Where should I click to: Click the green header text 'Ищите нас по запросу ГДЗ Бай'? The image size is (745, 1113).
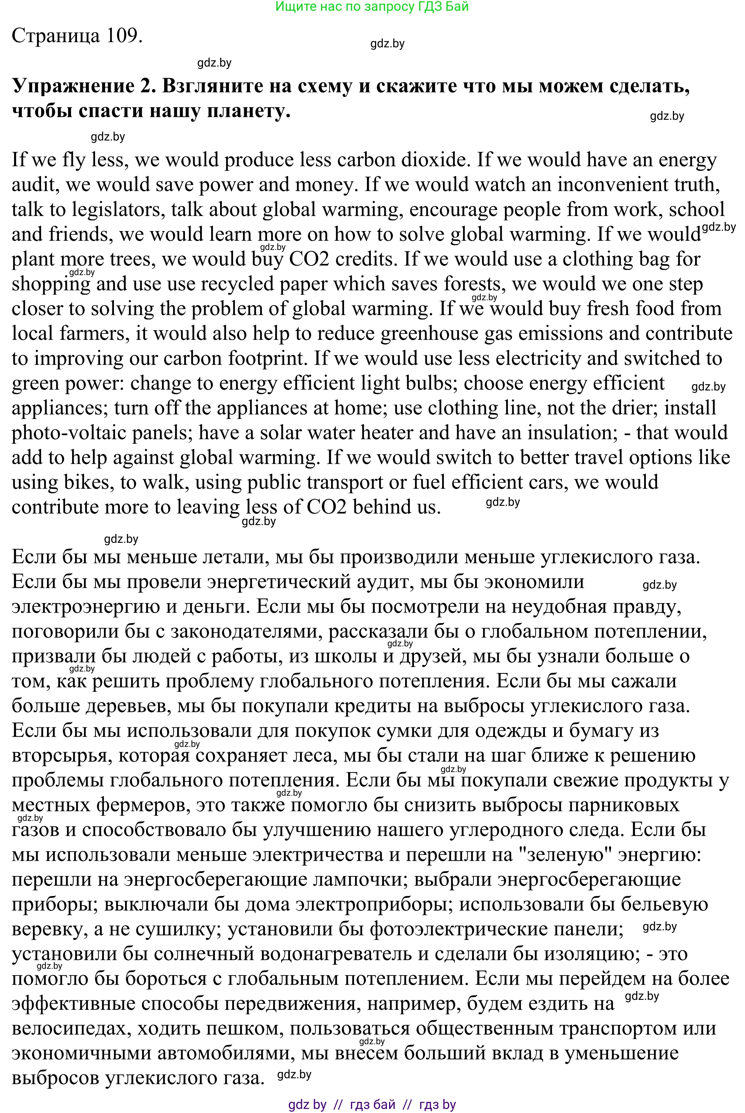[372, 6]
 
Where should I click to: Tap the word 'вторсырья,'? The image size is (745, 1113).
[62, 755]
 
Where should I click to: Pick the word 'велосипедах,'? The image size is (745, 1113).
[71, 1028]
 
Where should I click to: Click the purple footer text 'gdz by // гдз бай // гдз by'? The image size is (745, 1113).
[372, 1104]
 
